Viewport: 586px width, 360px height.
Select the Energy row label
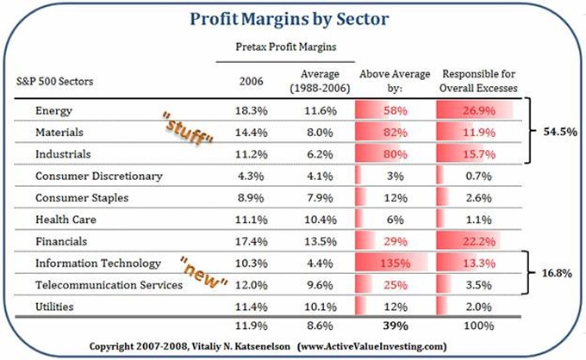[x=54, y=111]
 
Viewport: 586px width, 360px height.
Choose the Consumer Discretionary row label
[x=99, y=177]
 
